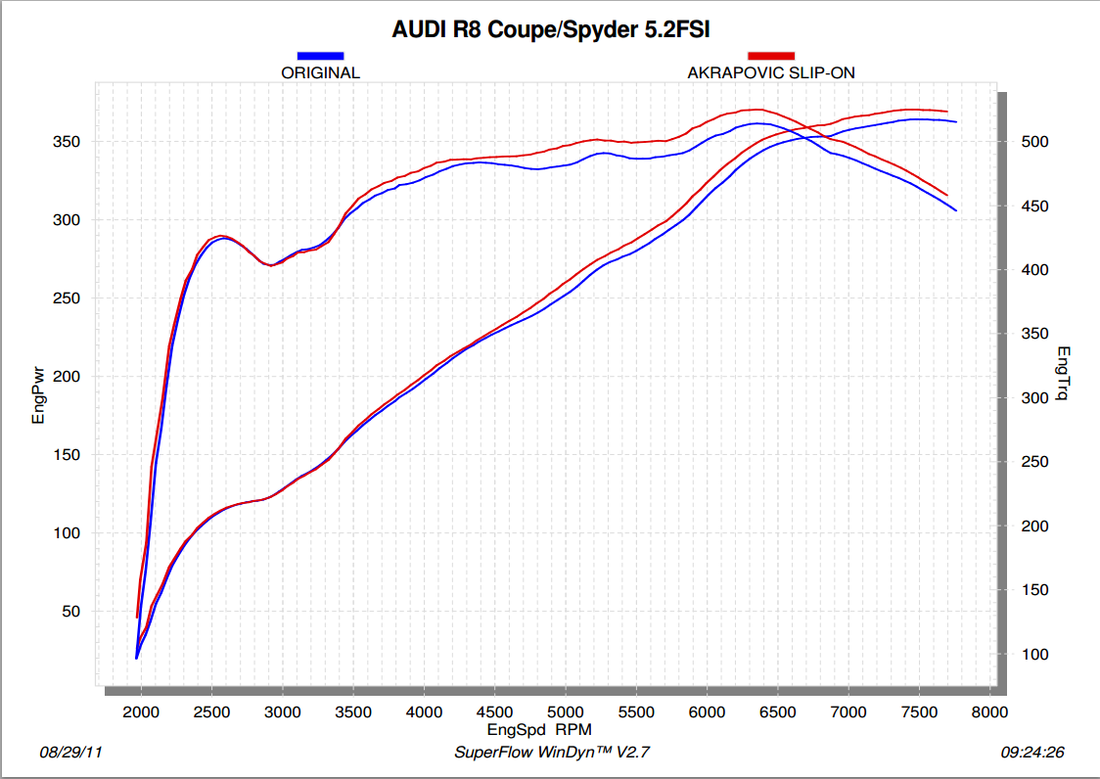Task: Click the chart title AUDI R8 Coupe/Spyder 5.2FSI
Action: coord(551,29)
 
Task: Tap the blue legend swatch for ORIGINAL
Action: coord(320,56)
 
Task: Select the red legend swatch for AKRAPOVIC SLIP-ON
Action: coord(771,56)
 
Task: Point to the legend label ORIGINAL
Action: coord(320,72)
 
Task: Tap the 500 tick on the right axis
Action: coord(1034,142)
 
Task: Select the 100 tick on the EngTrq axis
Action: coord(1034,654)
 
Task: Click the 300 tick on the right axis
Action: coord(1034,398)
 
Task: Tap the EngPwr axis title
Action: coord(39,396)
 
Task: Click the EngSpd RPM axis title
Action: coord(539,729)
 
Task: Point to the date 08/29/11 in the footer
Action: coord(70,753)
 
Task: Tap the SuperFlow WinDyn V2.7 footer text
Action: coord(553,753)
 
